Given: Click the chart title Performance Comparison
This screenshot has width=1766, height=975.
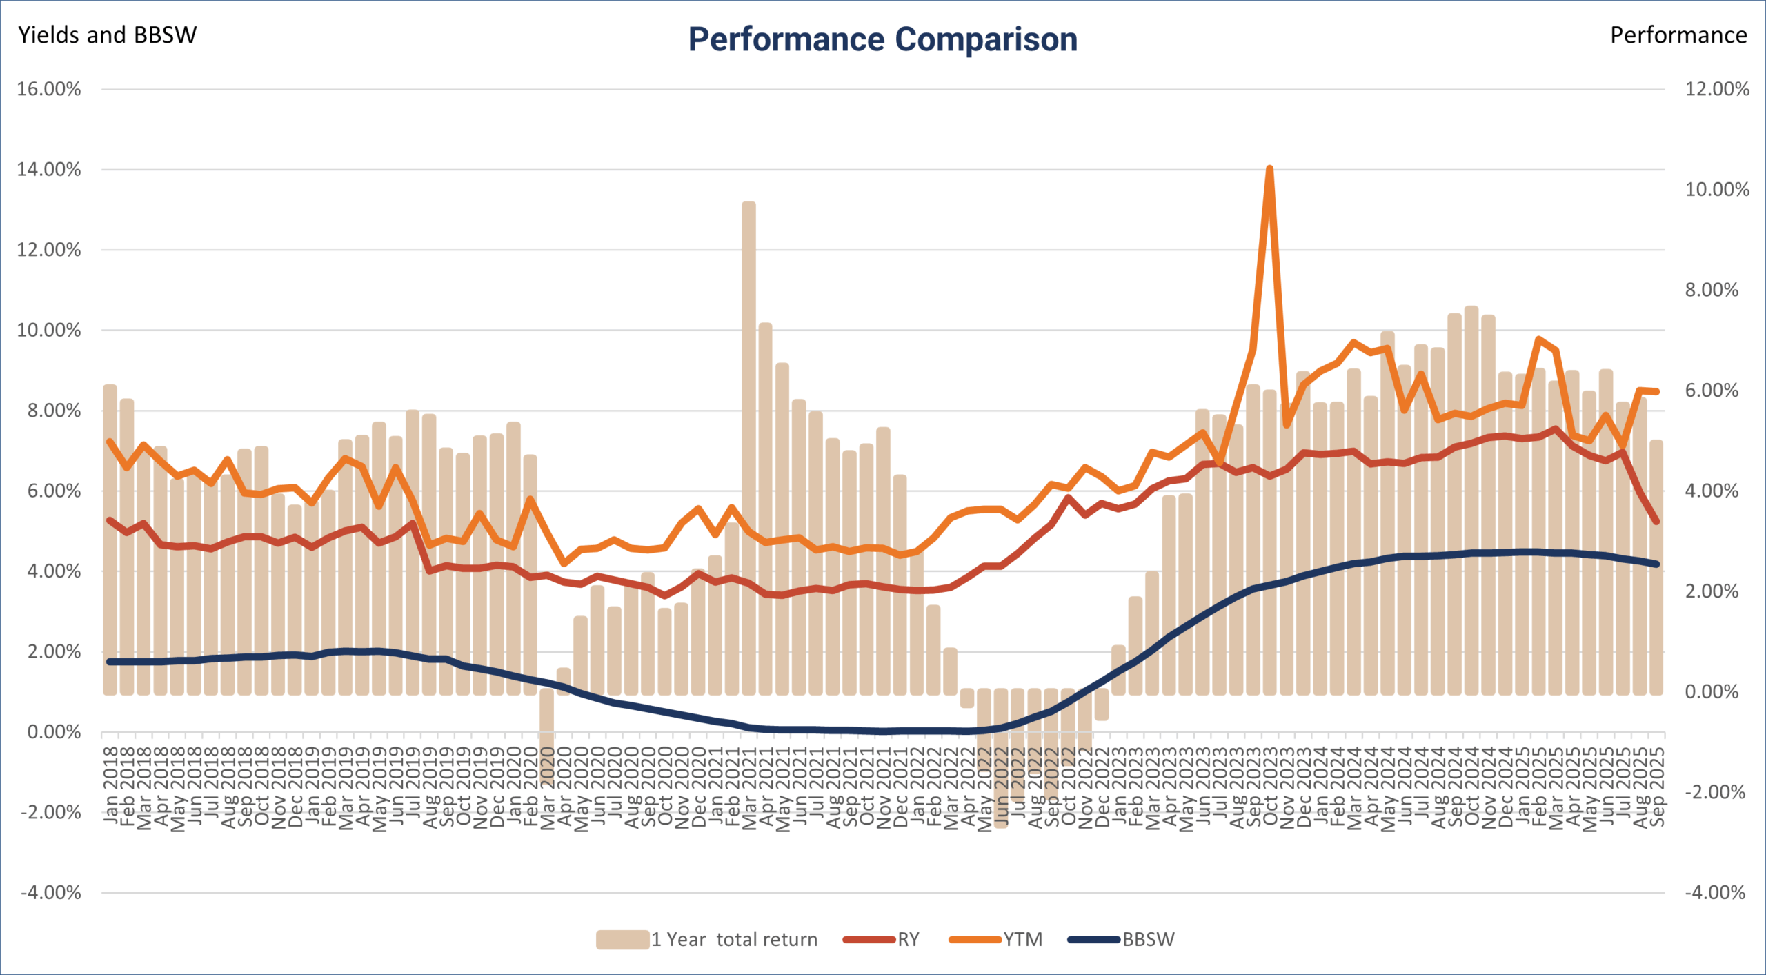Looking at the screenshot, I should [x=883, y=39].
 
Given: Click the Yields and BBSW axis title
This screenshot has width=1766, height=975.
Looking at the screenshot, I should [x=107, y=35].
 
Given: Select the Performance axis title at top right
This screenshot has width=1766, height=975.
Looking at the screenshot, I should [x=1678, y=35].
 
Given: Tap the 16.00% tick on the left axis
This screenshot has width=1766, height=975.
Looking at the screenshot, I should [x=49, y=89].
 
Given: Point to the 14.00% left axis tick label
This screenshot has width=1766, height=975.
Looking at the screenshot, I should [x=49, y=170].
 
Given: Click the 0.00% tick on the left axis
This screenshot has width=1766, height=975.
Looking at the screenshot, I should [x=54, y=732].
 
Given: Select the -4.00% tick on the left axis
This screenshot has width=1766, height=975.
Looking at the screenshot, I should [x=51, y=893].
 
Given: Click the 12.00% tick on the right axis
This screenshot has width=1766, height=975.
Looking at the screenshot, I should [x=1716, y=89].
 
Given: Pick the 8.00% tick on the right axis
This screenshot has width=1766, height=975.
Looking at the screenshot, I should [x=1712, y=290].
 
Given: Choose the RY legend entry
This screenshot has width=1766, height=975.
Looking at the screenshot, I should [x=908, y=940].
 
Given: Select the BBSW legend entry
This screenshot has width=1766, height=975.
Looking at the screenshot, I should [x=1148, y=940].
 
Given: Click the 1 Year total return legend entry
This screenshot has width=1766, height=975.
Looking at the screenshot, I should [x=733, y=940].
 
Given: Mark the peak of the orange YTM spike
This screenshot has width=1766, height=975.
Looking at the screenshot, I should [x=1269, y=168].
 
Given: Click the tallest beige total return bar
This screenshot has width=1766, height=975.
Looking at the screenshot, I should [x=748, y=449].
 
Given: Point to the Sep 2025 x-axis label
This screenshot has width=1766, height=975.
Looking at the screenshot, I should [x=1656, y=787].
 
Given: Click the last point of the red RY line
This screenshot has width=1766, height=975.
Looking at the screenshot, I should [x=1656, y=522].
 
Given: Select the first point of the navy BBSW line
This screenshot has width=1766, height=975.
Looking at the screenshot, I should [x=110, y=662].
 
